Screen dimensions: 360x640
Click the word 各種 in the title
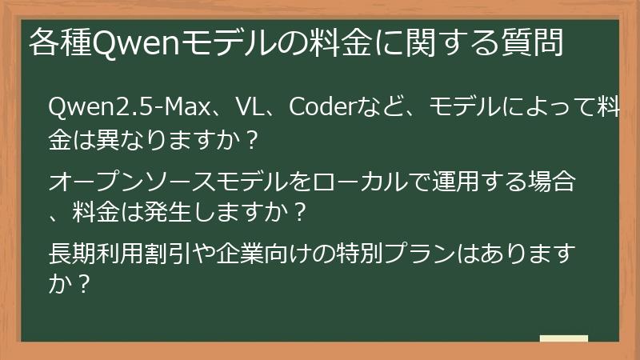[60, 42]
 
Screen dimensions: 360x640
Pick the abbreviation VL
[252, 106]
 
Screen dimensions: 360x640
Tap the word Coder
[319, 106]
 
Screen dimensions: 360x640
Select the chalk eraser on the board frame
[563, 338]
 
